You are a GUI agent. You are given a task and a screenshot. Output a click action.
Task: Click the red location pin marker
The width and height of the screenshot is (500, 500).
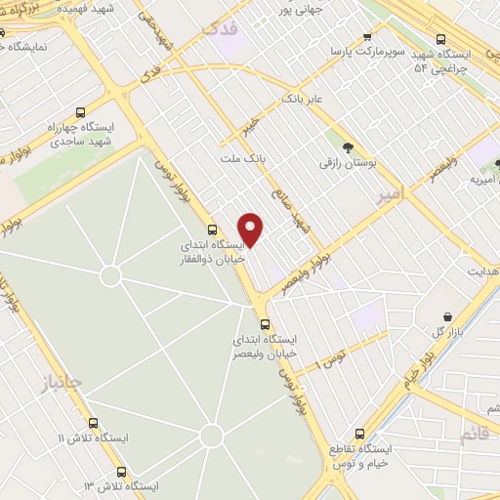click(x=252, y=228)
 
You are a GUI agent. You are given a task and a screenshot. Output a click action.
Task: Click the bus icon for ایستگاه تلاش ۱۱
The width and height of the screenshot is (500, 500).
click(x=94, y=423)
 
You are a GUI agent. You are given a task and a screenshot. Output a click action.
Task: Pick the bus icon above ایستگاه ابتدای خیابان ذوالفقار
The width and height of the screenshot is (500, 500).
click(x=213, y=229)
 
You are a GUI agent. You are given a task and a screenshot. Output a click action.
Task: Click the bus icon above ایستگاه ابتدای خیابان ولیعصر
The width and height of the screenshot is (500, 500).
click(x=265, y=323)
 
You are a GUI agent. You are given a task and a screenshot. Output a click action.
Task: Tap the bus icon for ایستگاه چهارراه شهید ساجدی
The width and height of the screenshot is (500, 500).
click(x=81, y=112)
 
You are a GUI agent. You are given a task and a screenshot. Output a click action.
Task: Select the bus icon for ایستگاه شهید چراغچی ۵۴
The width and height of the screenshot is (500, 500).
click(x=441, y=39)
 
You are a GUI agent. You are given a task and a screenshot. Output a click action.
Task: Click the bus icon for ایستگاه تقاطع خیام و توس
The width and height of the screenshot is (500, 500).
click(x=359, y=433)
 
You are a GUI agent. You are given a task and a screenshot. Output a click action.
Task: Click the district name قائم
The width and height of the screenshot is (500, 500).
click(x=474, y=433)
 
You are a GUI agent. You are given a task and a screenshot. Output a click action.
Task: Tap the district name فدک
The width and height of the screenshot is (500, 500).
click(x=220, y=29)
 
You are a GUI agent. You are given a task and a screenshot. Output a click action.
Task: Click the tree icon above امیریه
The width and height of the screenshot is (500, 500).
click(x=499, y=164)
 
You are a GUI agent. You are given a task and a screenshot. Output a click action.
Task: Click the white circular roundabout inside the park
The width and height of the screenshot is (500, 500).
click(x=110, y=276)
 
